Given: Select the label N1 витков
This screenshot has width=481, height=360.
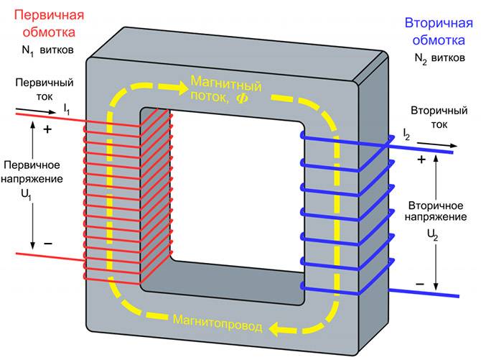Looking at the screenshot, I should (49, 52).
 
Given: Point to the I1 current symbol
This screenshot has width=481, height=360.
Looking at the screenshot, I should (67, 109).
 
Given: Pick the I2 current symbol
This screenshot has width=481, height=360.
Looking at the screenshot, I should (407, 134).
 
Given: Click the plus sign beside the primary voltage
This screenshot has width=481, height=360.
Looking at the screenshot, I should (48, 130).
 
